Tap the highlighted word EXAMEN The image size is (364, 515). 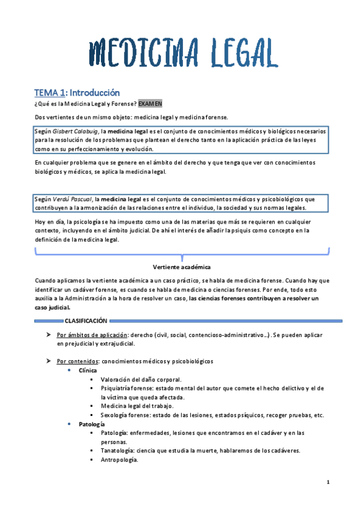pos(150,104)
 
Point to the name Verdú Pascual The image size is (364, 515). pos(72,199)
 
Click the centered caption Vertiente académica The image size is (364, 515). pos(182,267)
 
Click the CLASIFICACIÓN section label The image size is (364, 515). pos(86,321)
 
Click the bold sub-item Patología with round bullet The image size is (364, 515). pos(92,424)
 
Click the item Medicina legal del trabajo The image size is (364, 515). pos(137,406)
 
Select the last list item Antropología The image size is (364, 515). pos(120,460)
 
